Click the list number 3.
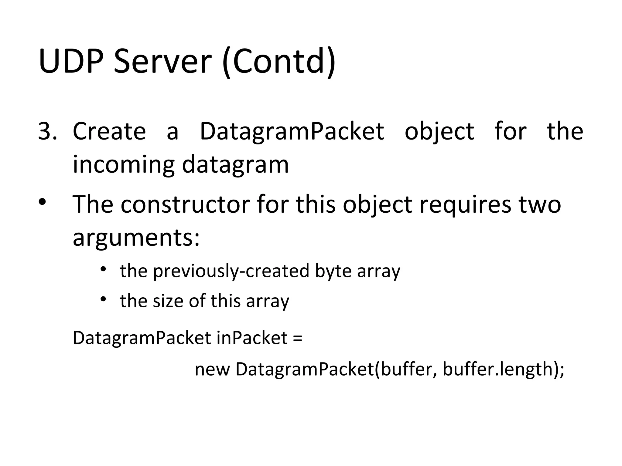click(x=47, y=131)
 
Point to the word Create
click(x=109, y=131)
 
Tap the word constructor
click(x=185, y=204)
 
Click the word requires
click(x=465, y=205)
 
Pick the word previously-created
click(x=231, y=271)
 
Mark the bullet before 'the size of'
click(x=103, y=299)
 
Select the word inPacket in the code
click(x=252, y=338)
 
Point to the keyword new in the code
click(x=212, y=370)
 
